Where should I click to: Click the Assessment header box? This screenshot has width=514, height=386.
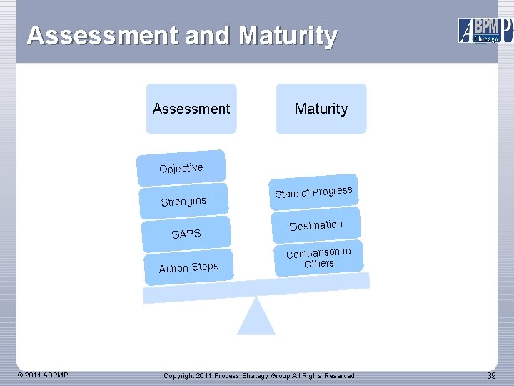pyautogui.click(x=191, y=109)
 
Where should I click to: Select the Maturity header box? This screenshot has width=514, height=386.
pyautogui.click(x=321, y=109)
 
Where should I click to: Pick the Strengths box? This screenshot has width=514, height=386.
pyautogui.click(x=184, y=201)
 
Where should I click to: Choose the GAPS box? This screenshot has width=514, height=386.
pyautogui.click(x=186, y=234)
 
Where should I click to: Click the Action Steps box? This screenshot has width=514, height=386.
pyautogui.click(x=188, y=267)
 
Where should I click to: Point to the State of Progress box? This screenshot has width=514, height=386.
pyautogui.click(x=313, y=192)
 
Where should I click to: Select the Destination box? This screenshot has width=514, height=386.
pyautogui.click(x=316, y=226)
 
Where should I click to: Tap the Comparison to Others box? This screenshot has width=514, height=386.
pyautogui.click(x=318, y=257)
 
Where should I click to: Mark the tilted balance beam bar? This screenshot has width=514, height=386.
pyautogui.click(x=257, y=287)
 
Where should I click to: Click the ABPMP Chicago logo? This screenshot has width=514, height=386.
pyautogui.click(x=485, y=30)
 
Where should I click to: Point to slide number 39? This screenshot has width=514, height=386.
pyautogui.click(x=491, y=376)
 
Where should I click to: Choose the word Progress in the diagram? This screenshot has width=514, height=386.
pyautogui.click(x=332, y=191)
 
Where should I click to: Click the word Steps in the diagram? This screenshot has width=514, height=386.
pyautogui.click(x=205, y=267)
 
